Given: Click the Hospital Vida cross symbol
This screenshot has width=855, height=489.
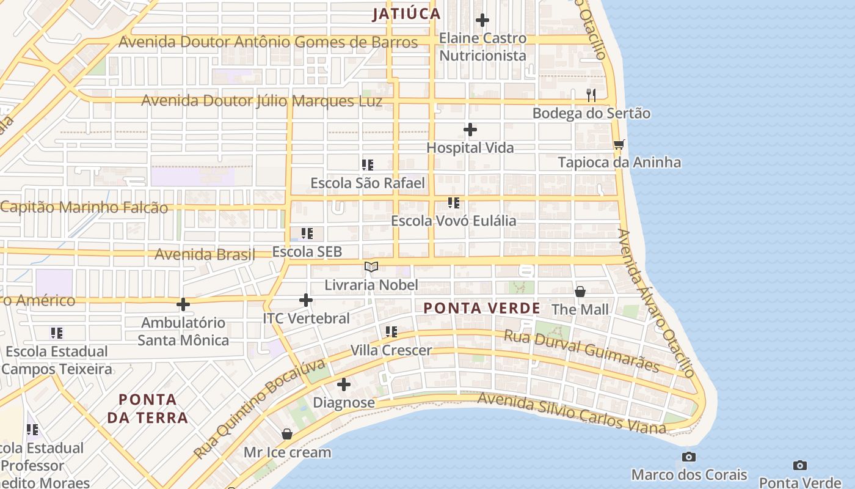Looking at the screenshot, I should [470, 130].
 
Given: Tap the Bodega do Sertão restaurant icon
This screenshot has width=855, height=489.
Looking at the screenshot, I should [591, 95].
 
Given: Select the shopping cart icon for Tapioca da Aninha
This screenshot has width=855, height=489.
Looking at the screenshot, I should [619, 144].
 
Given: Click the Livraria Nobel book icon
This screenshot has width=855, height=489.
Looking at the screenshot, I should [371, 267].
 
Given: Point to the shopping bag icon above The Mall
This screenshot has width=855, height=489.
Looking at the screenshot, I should [580, 292].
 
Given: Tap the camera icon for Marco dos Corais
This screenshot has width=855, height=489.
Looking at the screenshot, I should [689, 457].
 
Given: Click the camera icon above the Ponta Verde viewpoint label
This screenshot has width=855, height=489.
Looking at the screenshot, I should [799, 465].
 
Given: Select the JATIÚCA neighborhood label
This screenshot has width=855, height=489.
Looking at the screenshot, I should [407, 14].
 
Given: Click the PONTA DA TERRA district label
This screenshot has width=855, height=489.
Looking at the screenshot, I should [147, 408].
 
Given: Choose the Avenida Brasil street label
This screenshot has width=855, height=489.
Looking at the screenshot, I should [205, 254].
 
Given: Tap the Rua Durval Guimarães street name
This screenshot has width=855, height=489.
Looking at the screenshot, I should [581, 351].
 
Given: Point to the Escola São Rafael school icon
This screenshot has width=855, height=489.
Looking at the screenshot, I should [367, 164].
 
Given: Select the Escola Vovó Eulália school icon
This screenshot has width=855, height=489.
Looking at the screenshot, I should [453, 202].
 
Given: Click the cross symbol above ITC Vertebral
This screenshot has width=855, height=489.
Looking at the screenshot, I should [306, 300].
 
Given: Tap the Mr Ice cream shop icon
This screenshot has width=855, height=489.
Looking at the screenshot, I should [287, 434].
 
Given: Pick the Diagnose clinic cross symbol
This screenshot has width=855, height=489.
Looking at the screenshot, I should [344, 384].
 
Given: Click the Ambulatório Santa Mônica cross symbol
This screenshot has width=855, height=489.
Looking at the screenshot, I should [183, 304].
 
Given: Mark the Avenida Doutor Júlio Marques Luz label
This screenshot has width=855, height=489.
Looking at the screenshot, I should [262, 101].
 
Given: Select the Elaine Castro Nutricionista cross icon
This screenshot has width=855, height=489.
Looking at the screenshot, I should [482, 20].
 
